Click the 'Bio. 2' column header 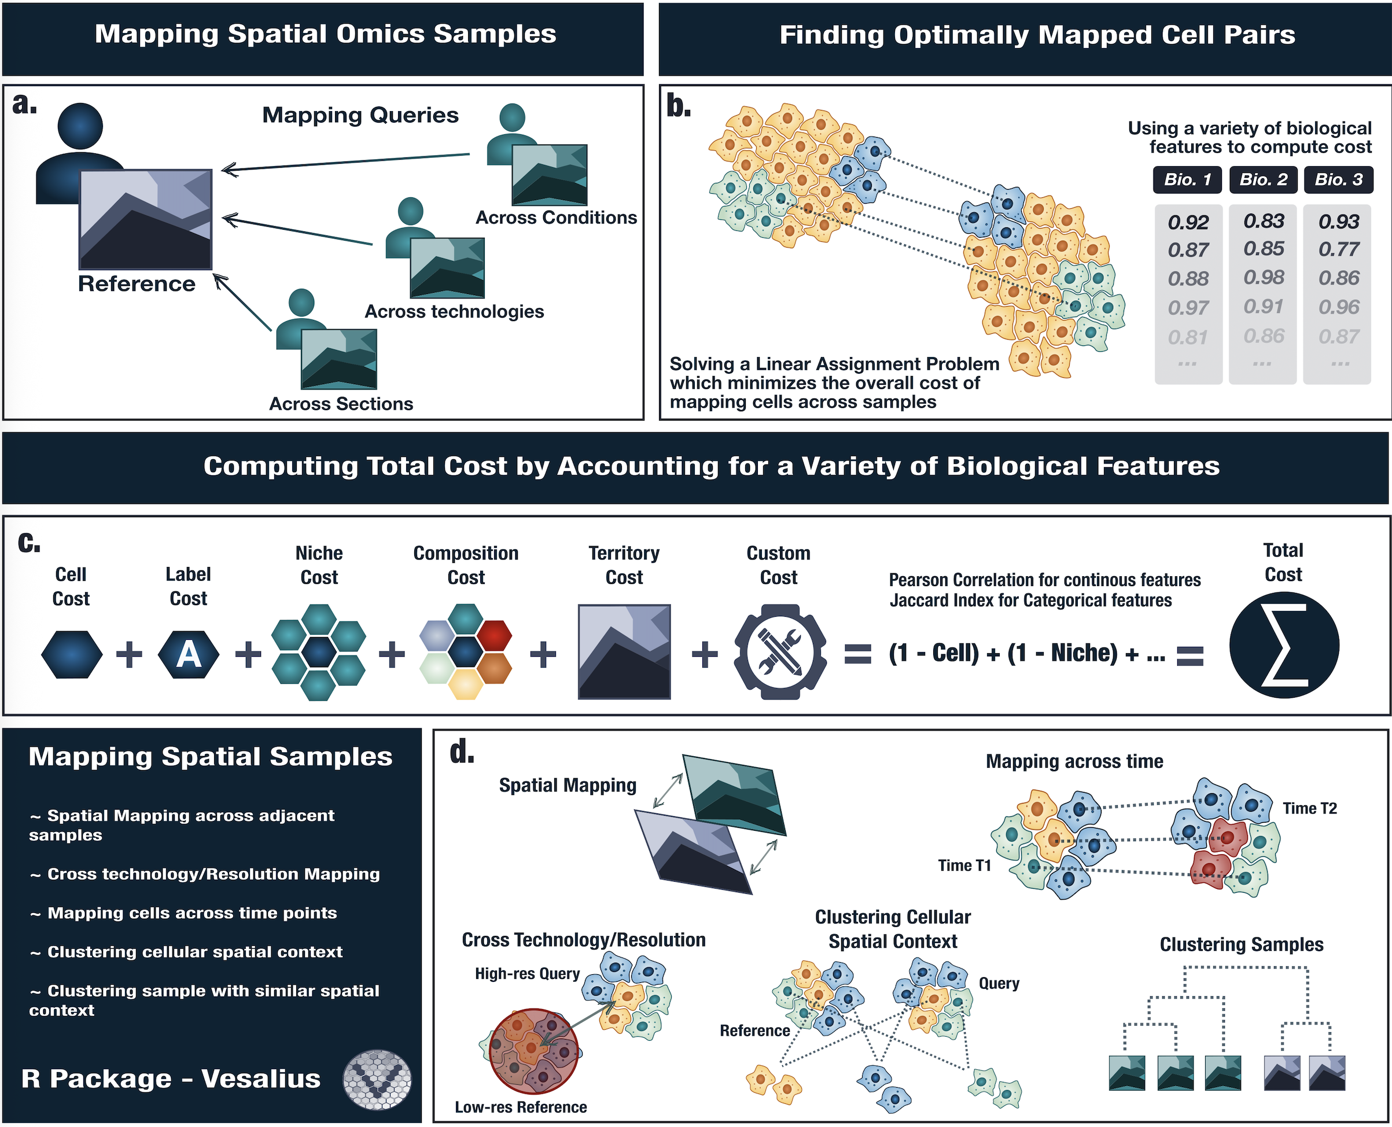(x=1263, y=180)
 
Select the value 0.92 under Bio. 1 (x=1188, y=223)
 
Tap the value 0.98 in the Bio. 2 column (x=1264, y=278)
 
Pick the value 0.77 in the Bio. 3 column (x=1339, y=249)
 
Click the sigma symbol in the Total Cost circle (x=1284, y=645)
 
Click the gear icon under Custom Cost (x=780, y=652)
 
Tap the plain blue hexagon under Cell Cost (x=71, y=654)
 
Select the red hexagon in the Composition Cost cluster (x=494, y=636)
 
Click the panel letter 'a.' (x=25, y=104)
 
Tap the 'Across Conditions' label (x=557, y=218)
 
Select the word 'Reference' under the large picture (x=137, y=283)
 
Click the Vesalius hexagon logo (x=377, y=1080)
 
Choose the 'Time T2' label (x=1309, y=808)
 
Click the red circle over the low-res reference (x=532, y=1051)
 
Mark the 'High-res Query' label (x=527, y=974)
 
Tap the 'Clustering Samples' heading (x=1242, y=945)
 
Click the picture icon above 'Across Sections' (x=338, y=359)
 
